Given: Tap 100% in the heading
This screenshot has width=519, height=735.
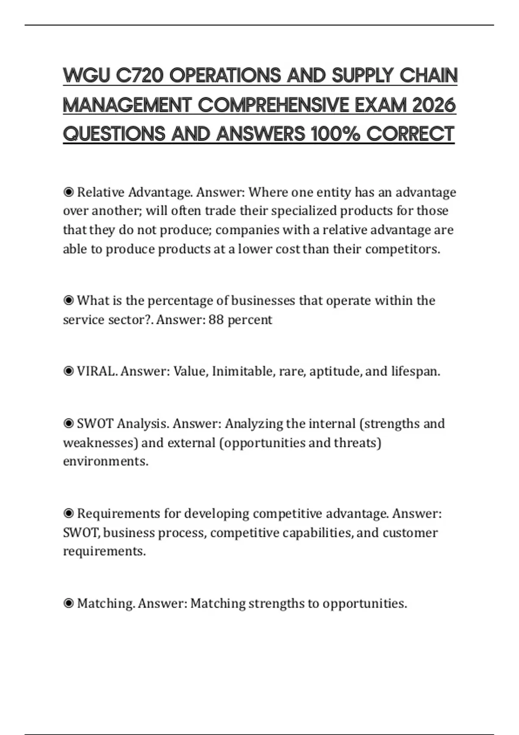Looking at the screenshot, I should pos(335,134).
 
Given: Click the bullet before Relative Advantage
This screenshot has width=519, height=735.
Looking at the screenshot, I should pos(68,192).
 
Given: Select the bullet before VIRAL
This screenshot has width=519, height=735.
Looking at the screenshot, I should pos(68,371).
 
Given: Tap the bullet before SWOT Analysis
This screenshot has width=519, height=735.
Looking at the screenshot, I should pos(68,424).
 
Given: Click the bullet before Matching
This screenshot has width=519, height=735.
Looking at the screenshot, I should pos(68,604).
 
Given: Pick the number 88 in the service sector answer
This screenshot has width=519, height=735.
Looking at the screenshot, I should pos(216,320).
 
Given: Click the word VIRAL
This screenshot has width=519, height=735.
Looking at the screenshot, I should pos(96,371).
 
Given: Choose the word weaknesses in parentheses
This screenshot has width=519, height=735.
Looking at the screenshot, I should pos(100,443).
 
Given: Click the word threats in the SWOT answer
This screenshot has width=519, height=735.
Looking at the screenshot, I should pos(357,443).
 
